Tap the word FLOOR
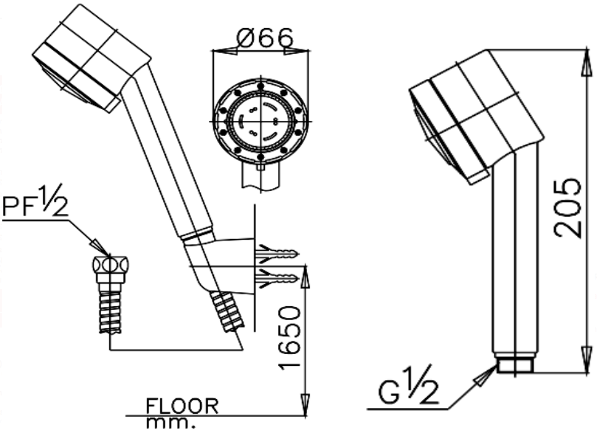click(182, 406)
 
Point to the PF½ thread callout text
click(35, 204)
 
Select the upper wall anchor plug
click(277, 254)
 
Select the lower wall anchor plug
click(277, 278)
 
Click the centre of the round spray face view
click(260, 120)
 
